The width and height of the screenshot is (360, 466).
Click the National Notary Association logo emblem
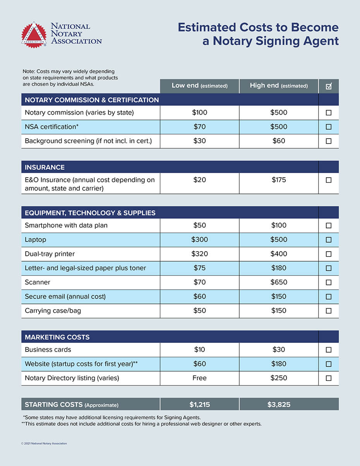coord(34,34)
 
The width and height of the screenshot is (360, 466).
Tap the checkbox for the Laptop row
coord(329,240)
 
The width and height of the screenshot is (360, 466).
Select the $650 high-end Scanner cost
coord(279,282)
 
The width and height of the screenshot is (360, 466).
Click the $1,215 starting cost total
coord(200,404)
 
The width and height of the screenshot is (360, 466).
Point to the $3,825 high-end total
coord(279,404)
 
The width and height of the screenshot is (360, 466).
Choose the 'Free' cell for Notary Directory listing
coord(199,378)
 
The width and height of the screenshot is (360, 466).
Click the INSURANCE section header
coord(45,167)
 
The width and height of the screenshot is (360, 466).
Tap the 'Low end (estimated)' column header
coord(199,86)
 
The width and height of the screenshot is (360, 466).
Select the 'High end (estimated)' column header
coord(279,86)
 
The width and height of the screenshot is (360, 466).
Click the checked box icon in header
coord(329,86)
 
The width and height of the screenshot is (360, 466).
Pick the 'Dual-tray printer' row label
coord(50,254)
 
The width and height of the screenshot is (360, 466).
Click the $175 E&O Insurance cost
coord(279,180)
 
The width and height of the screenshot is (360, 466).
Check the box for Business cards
coord(329,349)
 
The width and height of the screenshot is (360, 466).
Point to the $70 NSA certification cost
coord(199,127)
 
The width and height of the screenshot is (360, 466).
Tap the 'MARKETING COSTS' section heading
coord(57,337)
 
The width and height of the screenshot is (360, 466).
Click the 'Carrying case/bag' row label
coord(53,310)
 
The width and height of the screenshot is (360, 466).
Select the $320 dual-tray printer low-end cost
coord(199,254)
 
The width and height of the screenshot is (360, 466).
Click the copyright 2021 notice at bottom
coord(44,443)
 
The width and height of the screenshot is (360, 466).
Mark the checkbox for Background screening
coord(329,141)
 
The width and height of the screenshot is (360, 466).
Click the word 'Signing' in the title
coord(275,41)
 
